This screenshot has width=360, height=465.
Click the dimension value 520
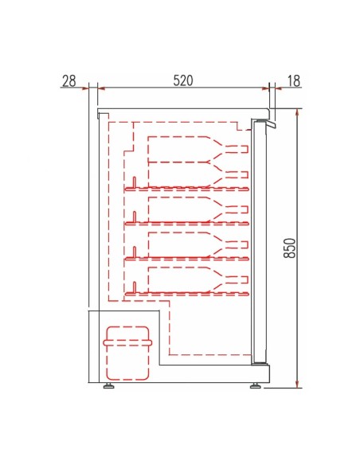coord(182,80)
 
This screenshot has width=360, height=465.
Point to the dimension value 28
coord(68,80)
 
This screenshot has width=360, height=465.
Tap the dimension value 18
coord(293,80)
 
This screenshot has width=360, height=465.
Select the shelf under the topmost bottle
coord(188,190)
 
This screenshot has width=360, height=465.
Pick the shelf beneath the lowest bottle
coord(188,292)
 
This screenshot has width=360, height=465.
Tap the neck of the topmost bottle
coord(235,149)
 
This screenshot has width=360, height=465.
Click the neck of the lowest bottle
coord(235,279)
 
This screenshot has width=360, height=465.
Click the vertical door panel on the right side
coord(257,239)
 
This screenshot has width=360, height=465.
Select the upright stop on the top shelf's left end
coord(135,182)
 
